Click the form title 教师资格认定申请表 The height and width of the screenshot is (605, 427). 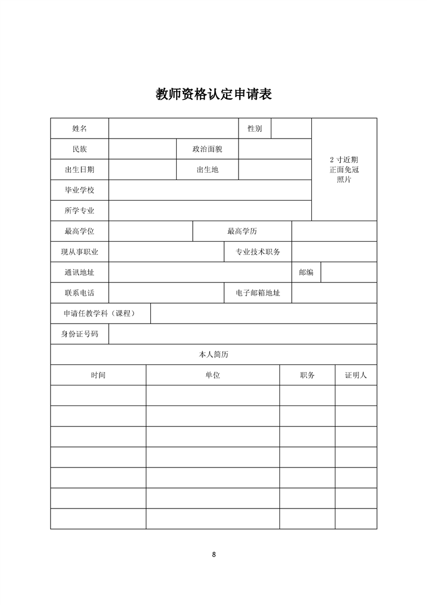(x=213, y=95)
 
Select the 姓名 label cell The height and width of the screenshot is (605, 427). (x=79, y=128)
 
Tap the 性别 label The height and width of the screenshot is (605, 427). (x=255, y=128)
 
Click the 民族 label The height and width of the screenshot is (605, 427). (x=79, y=149)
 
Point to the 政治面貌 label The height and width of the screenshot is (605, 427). (x=207, y=149)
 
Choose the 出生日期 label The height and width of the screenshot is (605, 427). (x=79, y=169)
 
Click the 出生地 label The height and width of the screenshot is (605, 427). (x=207, y=169)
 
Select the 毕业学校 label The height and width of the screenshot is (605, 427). (x=79, y=190)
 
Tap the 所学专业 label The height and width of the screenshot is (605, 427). (x=79, y=210)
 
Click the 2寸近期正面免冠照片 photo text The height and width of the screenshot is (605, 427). (x=344, y=169)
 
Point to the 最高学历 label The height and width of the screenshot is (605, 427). (x=242, y=231)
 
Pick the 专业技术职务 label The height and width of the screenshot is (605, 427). (x=258, y=252)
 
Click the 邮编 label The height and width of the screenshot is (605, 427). (x=306, y=272)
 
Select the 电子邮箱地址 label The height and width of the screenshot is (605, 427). (x=258, y=293)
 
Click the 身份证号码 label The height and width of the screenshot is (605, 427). (x=79, y=334)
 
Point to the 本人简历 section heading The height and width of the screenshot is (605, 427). (x=214, y=354)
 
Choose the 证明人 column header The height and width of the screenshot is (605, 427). (x=355, y=375)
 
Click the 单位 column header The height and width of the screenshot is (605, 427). (x=213, y=375)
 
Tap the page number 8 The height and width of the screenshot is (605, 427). (x=214, y=554)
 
